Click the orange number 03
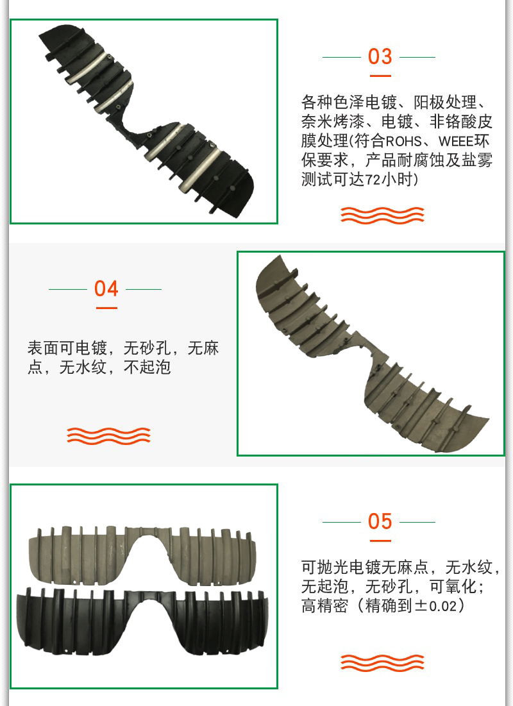[x=380, y=56]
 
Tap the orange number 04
[x=106, y=289]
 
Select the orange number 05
[x=380, y=521]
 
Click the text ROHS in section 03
[x=403, y=141]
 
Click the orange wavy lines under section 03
[x=382, y=215]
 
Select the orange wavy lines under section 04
[x=108, y=435]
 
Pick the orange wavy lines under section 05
[x=382, y=662]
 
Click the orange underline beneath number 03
[x=380, y=76]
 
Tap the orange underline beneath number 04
[x=106, y=308]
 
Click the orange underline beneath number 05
[x=380, y=541]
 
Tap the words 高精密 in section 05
[x=324, y=606]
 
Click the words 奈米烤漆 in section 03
[x=333, y=122]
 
